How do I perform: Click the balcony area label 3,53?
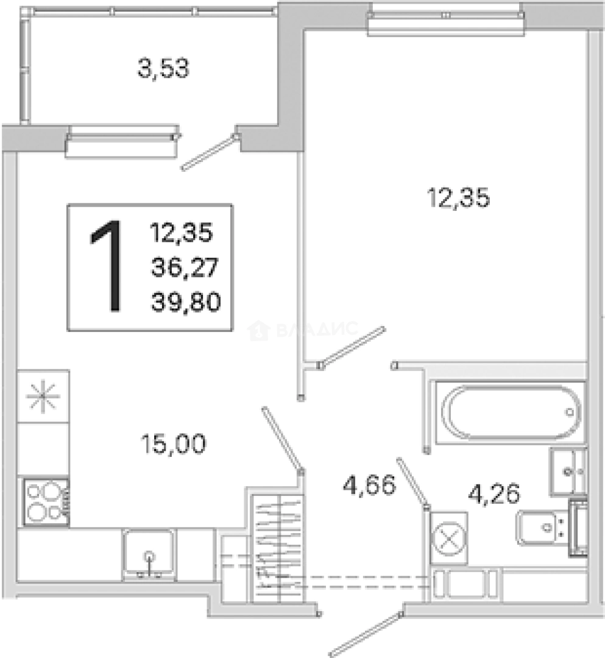[164, 69]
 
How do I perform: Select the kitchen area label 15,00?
[174, 444]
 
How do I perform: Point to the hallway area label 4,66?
[369, 485]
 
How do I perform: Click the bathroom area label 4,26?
[494, 493]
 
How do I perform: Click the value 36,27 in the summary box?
[185, 267]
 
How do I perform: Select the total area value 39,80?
[186, 302]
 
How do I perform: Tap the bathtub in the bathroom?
[510, 412]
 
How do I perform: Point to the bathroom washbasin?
[568, 472]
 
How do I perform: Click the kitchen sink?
[149, 554]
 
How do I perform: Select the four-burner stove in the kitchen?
[46, 502]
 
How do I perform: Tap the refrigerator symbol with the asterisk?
[43, 396]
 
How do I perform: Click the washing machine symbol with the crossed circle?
[449, 539]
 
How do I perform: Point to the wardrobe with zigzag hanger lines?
[278, 549]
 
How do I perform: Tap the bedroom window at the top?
[445, 19]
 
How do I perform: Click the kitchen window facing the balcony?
[122, 141]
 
